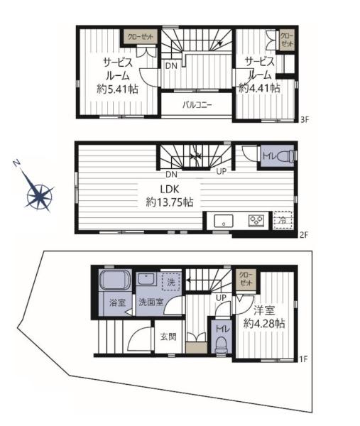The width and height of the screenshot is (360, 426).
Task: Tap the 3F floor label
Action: [305, 119]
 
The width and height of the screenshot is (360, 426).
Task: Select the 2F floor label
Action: [305, 235]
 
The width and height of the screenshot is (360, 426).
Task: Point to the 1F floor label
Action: [303, 359]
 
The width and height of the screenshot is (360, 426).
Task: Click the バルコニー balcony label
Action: [197, 105]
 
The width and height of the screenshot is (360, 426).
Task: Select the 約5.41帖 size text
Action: [117, 89]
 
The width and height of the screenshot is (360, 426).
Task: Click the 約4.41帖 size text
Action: [259, 88]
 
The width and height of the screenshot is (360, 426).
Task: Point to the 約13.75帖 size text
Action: [170, 202]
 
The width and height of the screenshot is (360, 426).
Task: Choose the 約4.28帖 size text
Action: [264, 324]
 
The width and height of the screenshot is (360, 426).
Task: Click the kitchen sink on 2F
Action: [224, 221]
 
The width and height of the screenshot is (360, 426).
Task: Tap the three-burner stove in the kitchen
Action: [256, 221]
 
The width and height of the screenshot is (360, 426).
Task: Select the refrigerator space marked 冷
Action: [283, 220]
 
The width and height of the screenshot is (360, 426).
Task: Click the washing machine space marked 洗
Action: [171, 282]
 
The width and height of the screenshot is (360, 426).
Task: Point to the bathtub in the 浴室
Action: [115, 280]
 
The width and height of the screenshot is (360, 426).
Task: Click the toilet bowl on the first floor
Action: [222, 345]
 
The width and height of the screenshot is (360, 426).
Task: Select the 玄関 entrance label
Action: [168, 337]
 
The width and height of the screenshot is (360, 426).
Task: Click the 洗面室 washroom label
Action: [151, 302]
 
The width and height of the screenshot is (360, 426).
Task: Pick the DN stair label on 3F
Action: [171, 65]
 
